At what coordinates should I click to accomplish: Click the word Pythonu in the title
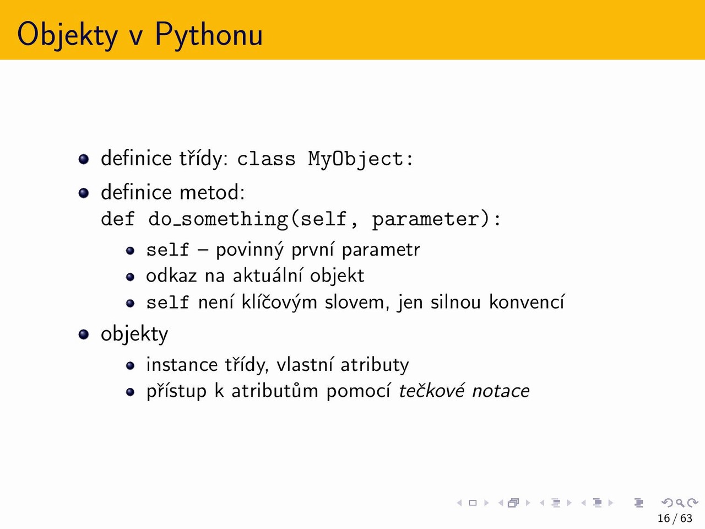209,35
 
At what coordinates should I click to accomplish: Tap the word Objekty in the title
67,35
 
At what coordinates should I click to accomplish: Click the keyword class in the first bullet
266,159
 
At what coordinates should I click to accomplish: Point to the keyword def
118,219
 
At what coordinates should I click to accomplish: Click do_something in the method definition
219,220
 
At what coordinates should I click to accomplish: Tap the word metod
212,192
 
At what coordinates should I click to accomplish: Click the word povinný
250,250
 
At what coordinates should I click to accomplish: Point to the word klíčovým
279,303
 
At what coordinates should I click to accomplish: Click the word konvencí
527,302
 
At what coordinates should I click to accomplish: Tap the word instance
182,365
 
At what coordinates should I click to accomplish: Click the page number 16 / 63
675,518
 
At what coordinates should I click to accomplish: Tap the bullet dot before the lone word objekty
84,334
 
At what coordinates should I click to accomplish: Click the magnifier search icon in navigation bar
680,503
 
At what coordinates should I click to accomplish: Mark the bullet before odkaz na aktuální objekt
130,277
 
